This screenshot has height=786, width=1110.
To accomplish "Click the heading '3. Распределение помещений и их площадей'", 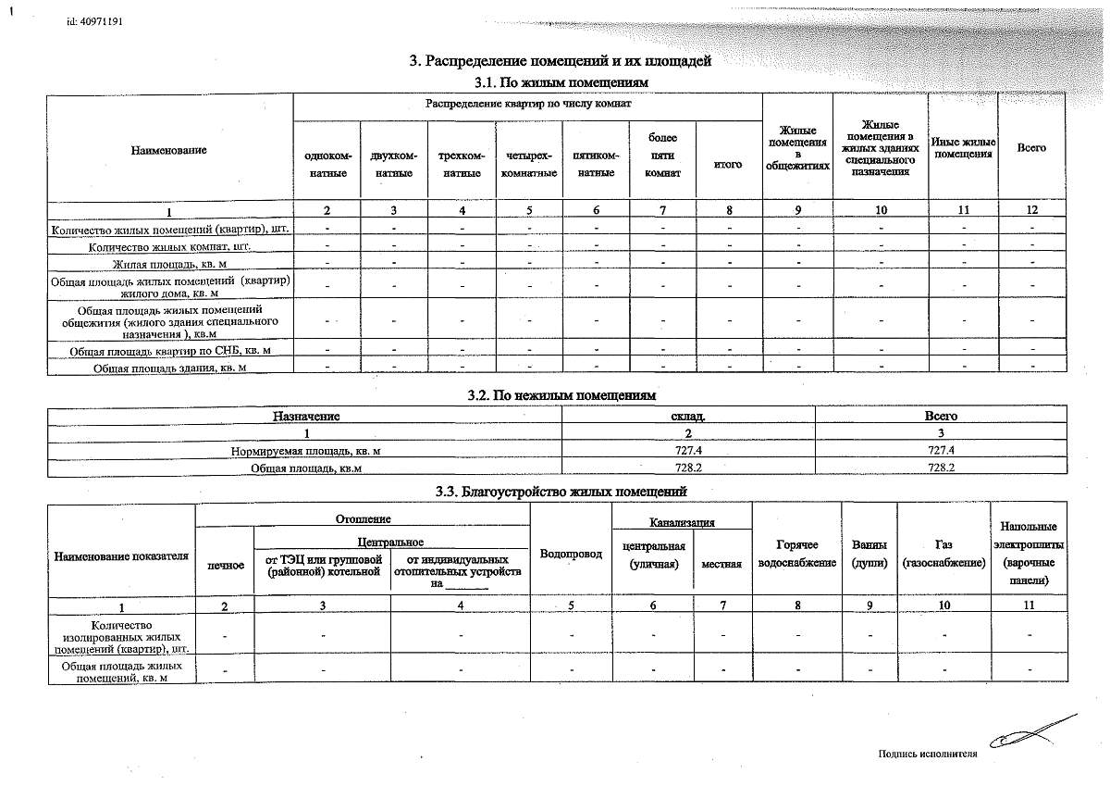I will (561, 62).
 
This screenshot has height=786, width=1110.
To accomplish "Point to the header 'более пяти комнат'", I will (662, 156).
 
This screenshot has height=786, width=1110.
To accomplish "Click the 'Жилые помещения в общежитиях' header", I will (797, 148).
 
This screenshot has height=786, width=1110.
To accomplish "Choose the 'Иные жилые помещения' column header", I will (962, 148).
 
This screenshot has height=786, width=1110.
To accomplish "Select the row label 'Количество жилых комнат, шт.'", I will (170, 247).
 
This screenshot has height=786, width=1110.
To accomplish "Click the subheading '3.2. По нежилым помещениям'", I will (561, 395).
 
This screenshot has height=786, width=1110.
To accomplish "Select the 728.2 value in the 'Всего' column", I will (940, 468).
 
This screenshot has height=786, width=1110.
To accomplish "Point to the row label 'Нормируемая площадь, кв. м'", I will (305, 451).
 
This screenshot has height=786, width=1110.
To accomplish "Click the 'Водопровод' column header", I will (571, 554).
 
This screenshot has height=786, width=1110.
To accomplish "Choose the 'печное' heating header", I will (226, 564).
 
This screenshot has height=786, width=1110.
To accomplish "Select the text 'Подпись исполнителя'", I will (927, 754).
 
